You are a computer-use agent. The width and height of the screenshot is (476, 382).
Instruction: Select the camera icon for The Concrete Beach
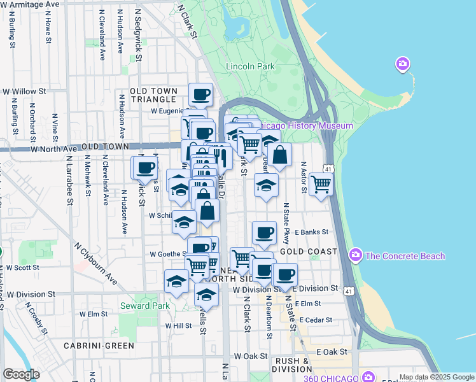357,256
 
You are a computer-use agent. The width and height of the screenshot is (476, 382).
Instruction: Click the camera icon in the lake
402,64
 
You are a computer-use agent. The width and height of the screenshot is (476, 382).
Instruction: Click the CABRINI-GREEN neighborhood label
99,346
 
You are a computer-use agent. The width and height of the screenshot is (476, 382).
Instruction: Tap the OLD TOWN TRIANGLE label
153,95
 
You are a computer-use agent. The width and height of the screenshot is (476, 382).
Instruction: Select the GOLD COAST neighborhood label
308,252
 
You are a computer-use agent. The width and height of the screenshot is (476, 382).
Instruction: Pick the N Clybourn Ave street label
95,263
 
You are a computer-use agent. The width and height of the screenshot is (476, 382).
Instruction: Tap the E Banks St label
311,232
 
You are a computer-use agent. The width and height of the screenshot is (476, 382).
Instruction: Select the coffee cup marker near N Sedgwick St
145,168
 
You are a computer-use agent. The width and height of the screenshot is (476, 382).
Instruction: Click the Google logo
21,374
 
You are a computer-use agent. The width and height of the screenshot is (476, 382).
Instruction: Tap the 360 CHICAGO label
331,378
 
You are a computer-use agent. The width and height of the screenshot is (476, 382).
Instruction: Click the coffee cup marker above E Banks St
264,232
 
